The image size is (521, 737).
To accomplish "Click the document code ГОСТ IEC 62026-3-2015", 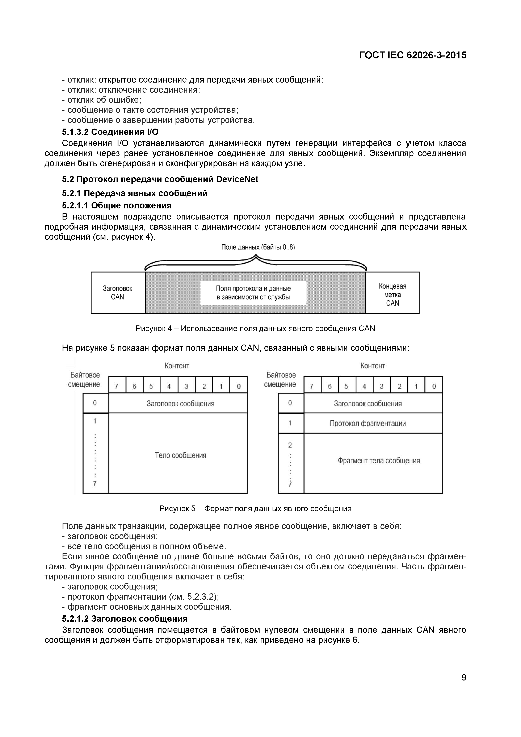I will pos(413,55).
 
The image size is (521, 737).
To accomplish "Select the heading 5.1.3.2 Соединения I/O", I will pos(110,132).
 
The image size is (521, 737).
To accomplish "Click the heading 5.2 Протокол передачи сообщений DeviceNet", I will pos(160,179).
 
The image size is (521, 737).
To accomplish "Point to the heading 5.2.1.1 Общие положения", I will pos(117,205).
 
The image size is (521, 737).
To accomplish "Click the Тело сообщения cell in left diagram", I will pos(180,455).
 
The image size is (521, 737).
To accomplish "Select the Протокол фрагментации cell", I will pos(368,423).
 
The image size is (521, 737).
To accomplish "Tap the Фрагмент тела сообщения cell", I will pos(379,461).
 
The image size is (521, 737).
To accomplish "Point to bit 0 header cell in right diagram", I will pos(434,386).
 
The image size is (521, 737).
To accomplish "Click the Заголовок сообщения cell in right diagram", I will pos(368,404).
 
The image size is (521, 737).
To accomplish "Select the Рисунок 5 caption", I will pos(255,508).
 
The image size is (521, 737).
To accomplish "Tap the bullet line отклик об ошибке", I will pos(102,100).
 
